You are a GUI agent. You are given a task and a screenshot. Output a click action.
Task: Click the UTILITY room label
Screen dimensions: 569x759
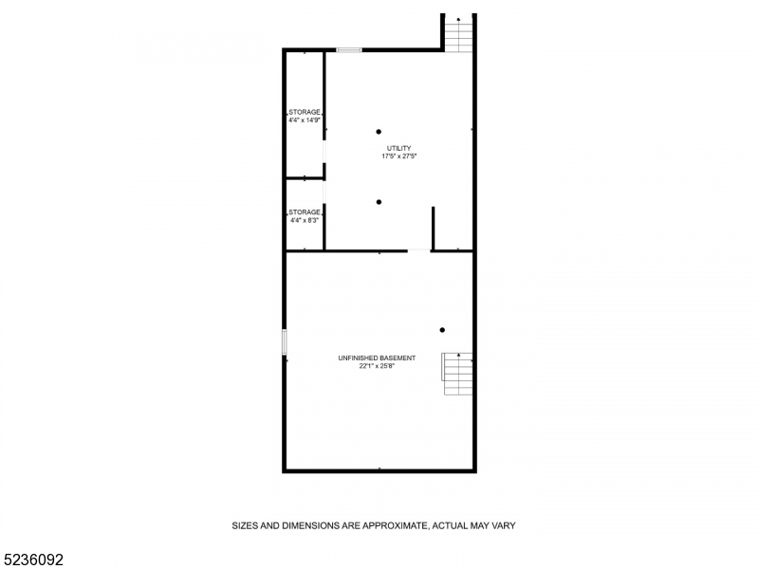[398, 148]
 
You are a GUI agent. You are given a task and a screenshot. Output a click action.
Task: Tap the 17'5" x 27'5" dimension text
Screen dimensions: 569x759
[398, 156]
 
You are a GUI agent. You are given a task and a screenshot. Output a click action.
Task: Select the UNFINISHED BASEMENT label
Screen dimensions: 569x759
[377, 358]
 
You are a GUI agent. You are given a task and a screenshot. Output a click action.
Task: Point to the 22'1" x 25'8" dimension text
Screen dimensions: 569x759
[377, 365]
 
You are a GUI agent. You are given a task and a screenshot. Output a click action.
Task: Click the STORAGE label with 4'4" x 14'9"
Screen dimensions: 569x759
[305, 112]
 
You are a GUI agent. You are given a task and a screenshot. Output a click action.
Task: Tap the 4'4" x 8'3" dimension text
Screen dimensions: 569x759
[305, 220]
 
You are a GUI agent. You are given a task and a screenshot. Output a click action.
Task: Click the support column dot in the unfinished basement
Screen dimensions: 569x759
[442, 330]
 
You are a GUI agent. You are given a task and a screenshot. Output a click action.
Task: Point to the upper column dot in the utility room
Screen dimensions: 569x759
[378, 132]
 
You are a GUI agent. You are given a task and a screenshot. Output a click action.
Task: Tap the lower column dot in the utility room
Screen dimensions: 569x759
[378, 201]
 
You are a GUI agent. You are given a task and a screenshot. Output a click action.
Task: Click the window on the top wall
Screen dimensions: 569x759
[349, 49]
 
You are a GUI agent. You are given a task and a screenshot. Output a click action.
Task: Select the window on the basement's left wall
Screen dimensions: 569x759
[284, 342]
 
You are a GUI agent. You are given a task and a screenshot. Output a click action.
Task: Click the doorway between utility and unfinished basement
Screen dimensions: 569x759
[418, 250]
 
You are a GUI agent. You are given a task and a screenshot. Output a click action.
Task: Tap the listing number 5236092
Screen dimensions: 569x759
[33, 560]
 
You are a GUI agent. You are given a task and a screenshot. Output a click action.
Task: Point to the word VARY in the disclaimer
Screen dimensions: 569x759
[502, 524]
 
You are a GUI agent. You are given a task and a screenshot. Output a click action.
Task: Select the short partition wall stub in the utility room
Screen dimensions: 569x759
[433, 228]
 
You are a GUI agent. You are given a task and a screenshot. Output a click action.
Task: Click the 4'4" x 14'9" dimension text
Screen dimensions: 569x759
[305, 119]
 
